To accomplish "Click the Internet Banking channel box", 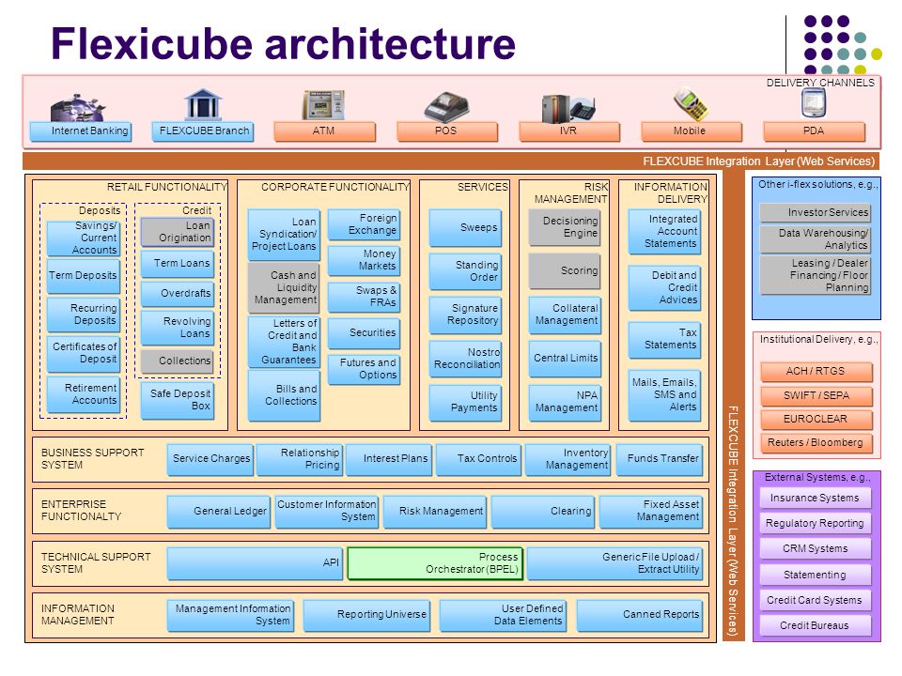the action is [x=81, y=131].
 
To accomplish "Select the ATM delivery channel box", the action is [x=324, y=131].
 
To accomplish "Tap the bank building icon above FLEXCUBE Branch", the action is [x=203, y=104].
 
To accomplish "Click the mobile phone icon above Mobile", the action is [x=691, y=104].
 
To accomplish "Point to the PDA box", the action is [x=814, y=131].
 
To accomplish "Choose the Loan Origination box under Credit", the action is [x=178, y=232].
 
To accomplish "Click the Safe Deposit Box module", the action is [x=178, y=400].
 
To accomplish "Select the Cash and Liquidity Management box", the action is [x=284, y=287].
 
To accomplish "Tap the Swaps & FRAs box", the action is [x=364, y=297].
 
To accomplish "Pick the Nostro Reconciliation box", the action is [x=465, y=358].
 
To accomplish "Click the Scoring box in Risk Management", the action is [x=565, y=270].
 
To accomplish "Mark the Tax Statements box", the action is [x=664, y=339].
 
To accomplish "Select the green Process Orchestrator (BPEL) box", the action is [x=435, y=563].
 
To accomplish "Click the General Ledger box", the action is [x=219, y=512].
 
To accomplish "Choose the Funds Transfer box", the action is [x=660, y=459].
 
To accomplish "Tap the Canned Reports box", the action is [x=639, y=615].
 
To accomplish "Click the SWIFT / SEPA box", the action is [x=816, y=396].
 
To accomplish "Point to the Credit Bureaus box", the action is [x=816, y=625].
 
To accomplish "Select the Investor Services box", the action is [x=816, y=213].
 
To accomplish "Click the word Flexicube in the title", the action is [x=152, y=44].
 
